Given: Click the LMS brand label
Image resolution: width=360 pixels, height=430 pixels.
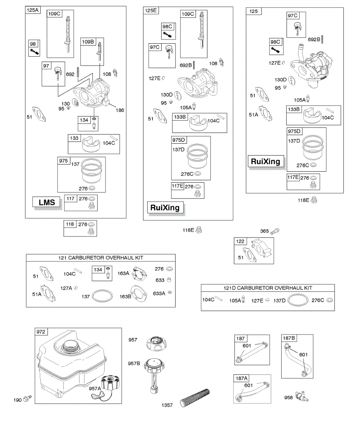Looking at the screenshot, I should pyautogui.click(x=47, y=202).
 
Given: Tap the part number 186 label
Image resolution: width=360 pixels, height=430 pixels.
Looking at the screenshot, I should pyautogui.click(x=120, y=110).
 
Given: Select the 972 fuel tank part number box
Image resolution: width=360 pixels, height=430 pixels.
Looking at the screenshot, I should pyautogui.click(x=41, y=332).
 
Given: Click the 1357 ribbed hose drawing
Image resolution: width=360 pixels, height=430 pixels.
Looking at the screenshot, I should pyautogui.click(x=196, y=397).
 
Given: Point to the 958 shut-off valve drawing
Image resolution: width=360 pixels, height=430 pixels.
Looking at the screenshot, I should pyautogui.click(x=301, y=396).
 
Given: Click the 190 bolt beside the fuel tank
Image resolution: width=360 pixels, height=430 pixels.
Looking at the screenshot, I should pyautogui.click(x=27, y=398).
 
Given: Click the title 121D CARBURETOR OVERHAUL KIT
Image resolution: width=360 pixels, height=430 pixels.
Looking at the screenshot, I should pyautogui.click(x=268, y=288).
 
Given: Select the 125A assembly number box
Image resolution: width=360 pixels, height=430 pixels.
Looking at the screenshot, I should pyautogui.click(x=32, y=10).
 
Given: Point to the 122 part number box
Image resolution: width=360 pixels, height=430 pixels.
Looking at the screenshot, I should pyautogui.click(x=240, y=242).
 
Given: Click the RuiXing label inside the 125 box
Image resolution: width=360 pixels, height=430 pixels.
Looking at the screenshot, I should pyautogui.click(x=265, y=162).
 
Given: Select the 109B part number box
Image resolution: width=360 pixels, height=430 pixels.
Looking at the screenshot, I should pyautogui.click(x=87, y=41).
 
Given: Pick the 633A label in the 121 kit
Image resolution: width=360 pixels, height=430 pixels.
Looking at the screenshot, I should pyautogui.click(x=159, y=293).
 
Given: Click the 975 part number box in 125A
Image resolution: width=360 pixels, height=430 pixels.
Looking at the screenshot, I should pyautogui.click(x=64, y=161).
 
